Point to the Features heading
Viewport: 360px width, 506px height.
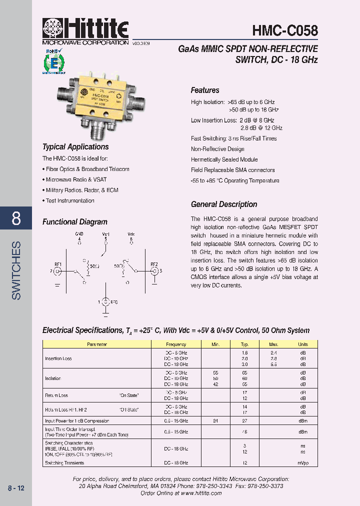point(205,90)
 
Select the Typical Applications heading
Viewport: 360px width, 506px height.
point(75,147)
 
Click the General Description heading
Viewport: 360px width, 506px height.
point(224,204)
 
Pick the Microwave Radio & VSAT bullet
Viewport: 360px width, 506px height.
point(75,179)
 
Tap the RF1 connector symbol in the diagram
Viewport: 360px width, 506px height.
point(57,271)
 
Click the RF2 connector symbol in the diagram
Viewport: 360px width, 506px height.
point(154,271)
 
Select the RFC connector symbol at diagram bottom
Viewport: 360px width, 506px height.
point(105,302)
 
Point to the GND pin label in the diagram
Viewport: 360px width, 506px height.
point(79,234)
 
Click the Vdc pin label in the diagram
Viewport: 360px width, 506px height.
point(131,234)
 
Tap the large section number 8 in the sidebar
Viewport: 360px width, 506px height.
point(16,218)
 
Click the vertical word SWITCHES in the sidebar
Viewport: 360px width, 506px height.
point(16,270)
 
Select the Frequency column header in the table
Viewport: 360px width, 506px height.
point(176,344)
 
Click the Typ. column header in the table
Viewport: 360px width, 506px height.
point(245,344)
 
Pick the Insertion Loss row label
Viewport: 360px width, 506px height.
point(58,358)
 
